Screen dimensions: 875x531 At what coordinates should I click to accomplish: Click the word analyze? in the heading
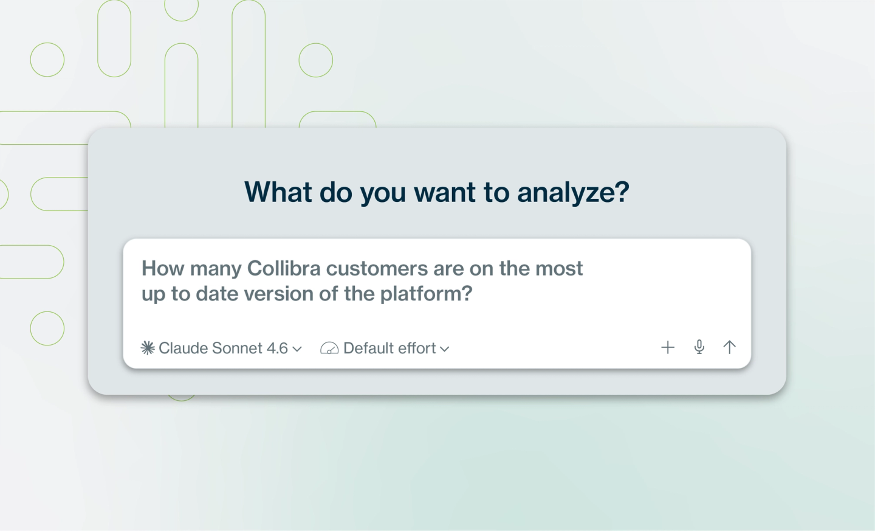tap(573, 192)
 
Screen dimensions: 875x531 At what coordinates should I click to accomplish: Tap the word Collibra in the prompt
tap(284, 268)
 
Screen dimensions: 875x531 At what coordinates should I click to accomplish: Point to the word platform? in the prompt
tap(426, 294)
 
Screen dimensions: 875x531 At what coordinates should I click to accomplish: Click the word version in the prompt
tap(279, 294)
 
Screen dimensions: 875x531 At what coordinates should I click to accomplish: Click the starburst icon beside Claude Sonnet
tap(148, 348)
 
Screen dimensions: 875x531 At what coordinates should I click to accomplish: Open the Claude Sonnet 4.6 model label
tap(223, 348)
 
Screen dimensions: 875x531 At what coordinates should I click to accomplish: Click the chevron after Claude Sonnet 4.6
tap(297, 349)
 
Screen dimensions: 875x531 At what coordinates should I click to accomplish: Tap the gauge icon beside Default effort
tap(329, 348)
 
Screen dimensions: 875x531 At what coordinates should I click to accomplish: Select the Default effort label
tap(389, 348)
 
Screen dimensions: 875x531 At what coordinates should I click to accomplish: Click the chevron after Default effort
tap(445, 349)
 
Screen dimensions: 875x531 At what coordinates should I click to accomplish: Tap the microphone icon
tap(699, 347)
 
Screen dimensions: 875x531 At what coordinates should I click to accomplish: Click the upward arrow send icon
tap(729, 347)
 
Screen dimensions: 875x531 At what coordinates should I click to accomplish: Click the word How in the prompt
tap(163, 268)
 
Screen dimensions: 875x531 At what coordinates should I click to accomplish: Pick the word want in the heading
tap(445, 192)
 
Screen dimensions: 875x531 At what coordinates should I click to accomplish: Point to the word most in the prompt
tap(559, 269)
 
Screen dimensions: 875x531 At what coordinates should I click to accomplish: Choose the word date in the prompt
tap(217, 294)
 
